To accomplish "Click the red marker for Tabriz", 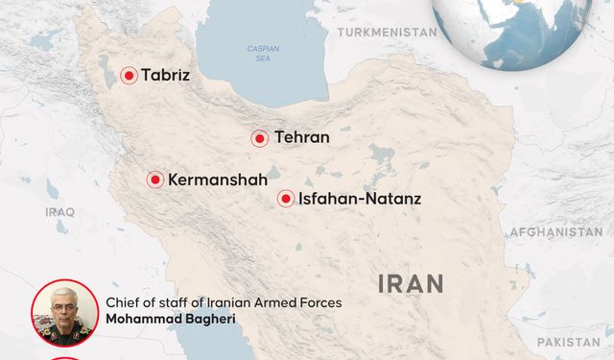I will point(128,75).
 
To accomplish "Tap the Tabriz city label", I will point(166,75).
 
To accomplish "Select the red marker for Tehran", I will point(259,138).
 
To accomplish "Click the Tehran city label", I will point(301,138).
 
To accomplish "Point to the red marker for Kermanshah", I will point(154,180).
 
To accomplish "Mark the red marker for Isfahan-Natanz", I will point(286,199).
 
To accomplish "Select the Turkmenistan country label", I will point(387,32).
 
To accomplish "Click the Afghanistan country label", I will point(555,232).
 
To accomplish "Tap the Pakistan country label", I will point(568,342).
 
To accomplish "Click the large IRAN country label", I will point(412,283).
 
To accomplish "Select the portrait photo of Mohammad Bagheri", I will point(64,312).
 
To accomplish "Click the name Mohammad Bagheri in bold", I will point(171,319).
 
